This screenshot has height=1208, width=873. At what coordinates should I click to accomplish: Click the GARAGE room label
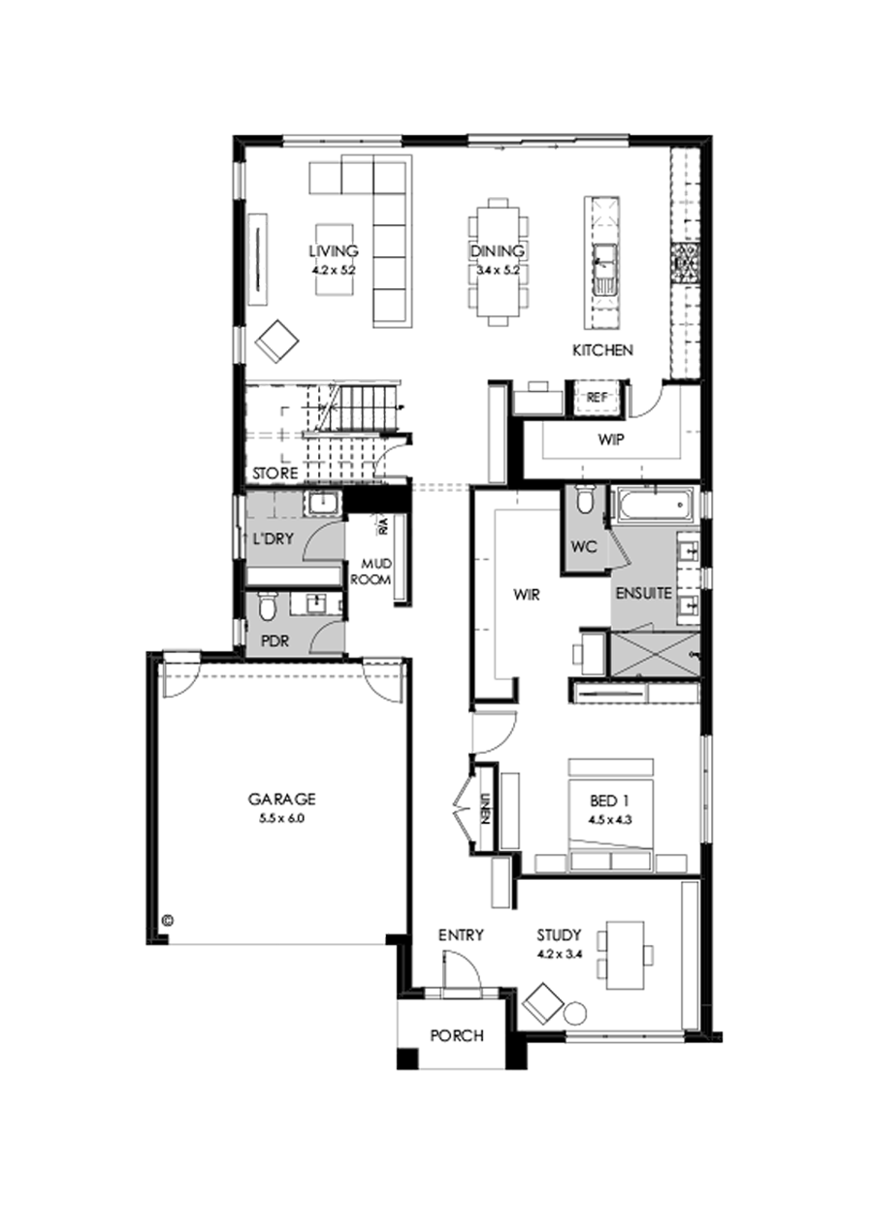(281, 800)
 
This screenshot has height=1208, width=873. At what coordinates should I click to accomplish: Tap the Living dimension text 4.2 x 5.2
(335, 271)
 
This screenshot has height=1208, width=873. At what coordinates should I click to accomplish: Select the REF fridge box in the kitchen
(596, 397)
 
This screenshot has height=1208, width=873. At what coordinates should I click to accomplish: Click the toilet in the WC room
(585, 501)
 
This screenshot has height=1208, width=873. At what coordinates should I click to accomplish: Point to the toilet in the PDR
(269, 606)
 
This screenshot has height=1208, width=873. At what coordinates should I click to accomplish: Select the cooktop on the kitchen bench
(687, 259)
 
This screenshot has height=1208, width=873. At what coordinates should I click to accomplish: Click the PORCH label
(456, 1035)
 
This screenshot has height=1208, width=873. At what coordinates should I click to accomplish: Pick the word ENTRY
(461, 935)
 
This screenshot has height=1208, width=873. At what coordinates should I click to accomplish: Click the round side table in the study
(576, 1013)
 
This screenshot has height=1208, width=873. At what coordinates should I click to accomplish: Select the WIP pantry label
(610, 440)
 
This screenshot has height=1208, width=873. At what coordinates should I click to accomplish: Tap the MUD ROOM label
(375, 571)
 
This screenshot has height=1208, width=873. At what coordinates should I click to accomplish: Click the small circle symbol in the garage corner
(167, 918)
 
